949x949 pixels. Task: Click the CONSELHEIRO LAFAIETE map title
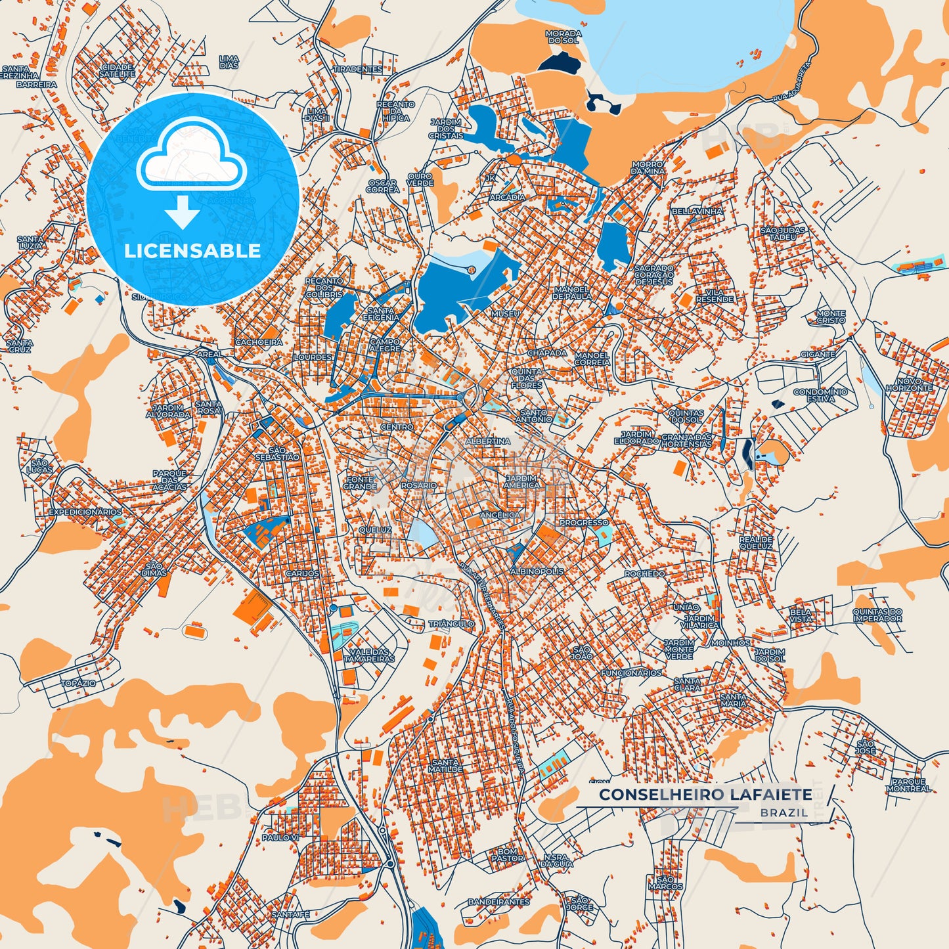click(705, 794)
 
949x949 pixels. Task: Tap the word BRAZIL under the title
click(785, 812)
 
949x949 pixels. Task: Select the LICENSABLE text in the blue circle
click(192, 250)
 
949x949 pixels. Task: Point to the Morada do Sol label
click(563, 37)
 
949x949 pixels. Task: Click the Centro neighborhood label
click(397, 427)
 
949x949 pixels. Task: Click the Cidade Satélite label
click(118, 71)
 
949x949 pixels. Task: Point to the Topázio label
click(78, 683)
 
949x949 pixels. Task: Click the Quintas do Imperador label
click(877, 615)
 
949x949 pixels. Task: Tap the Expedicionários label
click(85, 512)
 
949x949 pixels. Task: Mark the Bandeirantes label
click(498, 902)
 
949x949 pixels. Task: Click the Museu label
click(505, 314)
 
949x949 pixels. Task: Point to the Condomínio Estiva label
click(820, 395)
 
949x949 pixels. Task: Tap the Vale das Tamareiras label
click(369, 655)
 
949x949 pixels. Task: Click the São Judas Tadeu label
click(783, 233)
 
